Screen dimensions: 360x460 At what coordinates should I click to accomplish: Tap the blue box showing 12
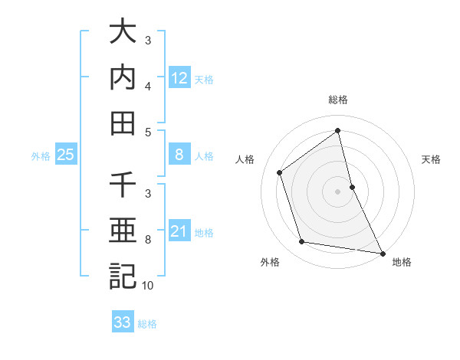[179, 77]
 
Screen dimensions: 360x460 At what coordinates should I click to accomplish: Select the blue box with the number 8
[179, 155]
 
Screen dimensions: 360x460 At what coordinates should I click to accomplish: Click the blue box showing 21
[179, 231]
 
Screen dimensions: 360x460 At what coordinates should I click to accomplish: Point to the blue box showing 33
[122, 322]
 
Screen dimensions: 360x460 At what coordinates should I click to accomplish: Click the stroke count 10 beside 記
[148, 286]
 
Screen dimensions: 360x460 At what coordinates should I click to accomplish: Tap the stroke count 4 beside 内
[148, 87]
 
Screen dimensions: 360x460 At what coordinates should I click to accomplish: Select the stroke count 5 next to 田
[148, 132]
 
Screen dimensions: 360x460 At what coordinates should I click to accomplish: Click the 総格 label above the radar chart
[338, 100]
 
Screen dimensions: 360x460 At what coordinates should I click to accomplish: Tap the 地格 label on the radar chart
[402, 263]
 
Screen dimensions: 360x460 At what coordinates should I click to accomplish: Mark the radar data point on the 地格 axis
[381, 252]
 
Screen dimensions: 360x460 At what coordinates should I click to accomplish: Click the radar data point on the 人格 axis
[280, 172]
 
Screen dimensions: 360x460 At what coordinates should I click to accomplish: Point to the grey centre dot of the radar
[337, 191]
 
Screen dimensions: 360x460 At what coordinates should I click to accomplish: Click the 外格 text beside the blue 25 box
[41, 156]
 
